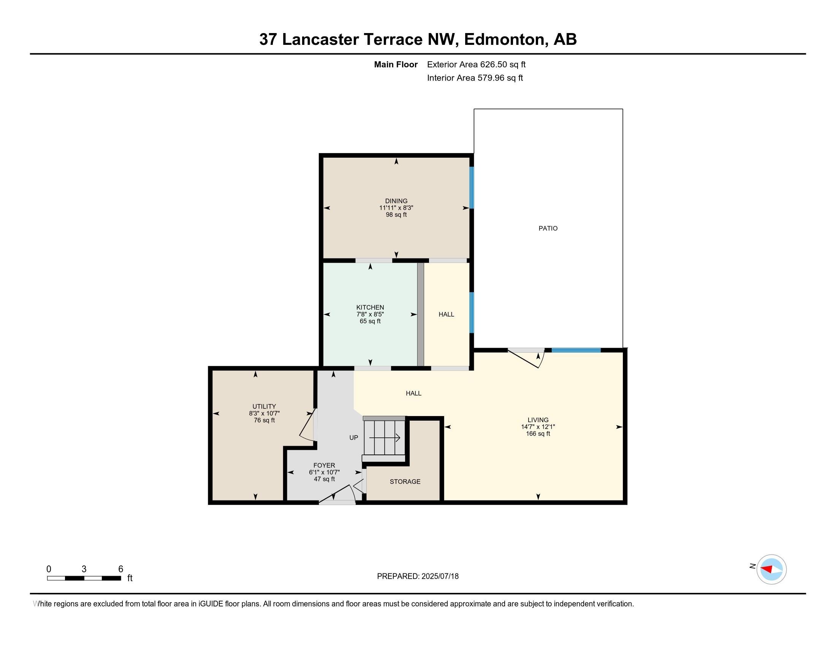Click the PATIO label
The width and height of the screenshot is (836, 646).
click(x=548, y=228)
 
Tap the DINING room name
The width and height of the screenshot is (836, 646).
click(x=396, y=201)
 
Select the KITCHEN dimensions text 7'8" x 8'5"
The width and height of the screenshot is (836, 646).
click(x=370, y=314)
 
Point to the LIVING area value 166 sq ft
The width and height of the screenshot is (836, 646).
click(x=538, y=434)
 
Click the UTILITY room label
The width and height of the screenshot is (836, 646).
click(x=264, y=407)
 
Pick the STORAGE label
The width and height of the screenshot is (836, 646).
click(x=405, y=481)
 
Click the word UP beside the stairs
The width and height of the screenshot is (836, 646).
click(x=354, y=437)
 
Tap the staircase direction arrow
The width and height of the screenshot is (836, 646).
click(x=385, y=437)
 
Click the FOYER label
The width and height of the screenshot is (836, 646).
click(x=324, y=465)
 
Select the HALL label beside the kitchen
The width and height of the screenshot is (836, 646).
click(x=446, y=314)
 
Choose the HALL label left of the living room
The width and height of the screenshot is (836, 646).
click(x=413, y=393)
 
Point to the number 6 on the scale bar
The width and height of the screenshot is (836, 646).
click(x=120, y=569)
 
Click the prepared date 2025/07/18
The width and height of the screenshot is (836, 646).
click(x=440, y=576)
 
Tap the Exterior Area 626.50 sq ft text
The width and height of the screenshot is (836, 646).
click(x=476, y=64)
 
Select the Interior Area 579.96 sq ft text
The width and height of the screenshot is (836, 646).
click(x=475, y=78)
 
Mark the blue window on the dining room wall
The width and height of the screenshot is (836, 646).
click(x=472, y=187)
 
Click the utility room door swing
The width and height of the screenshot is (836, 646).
click(x=307, y=426)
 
